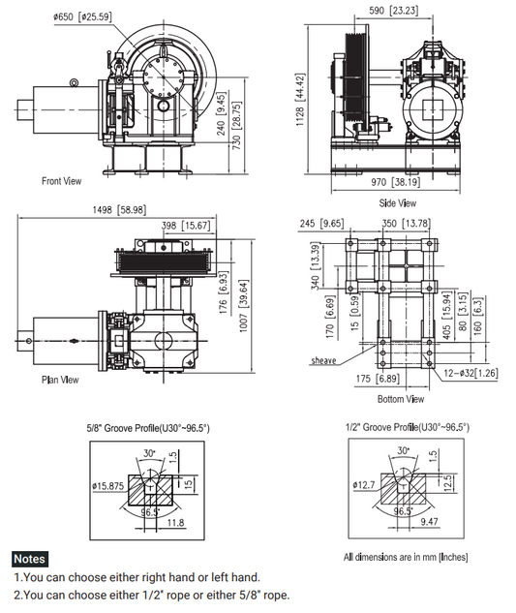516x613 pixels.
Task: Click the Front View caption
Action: (61, 181)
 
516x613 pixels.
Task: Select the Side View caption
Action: (397, 203)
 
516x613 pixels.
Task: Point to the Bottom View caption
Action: (400, 399)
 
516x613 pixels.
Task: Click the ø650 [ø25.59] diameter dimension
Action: (82, 16)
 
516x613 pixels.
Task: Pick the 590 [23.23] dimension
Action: (394, 10)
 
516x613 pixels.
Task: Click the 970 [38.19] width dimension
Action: (396, 182)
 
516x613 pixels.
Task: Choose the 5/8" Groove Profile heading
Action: (148, 427)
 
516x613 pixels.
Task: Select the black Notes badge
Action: (28, 559)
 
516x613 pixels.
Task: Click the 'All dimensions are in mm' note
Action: (407, 557)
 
